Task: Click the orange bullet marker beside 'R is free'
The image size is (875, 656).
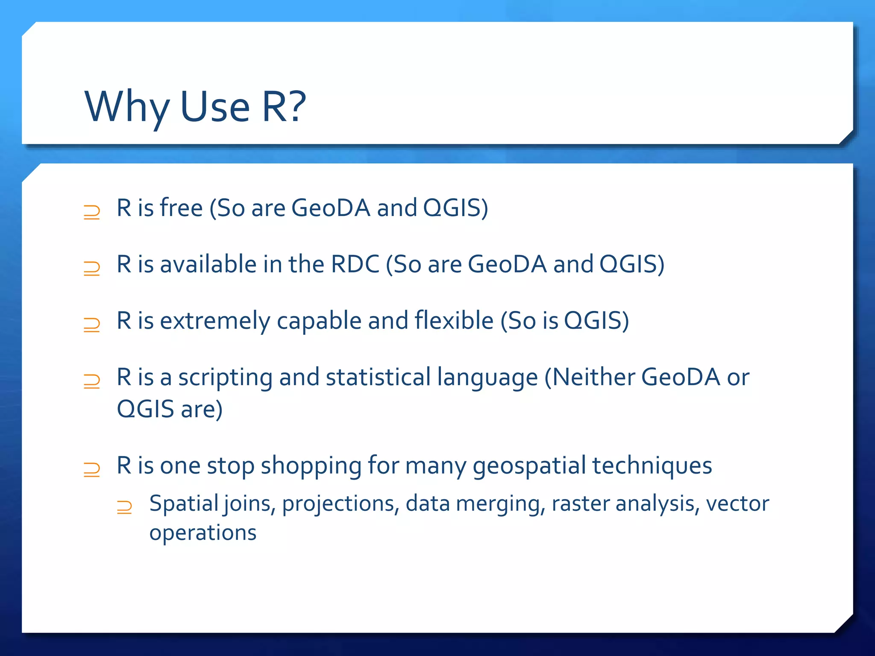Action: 92,212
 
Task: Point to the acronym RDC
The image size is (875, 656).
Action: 355,264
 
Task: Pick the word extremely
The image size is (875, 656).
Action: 215,321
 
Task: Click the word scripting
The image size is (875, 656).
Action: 225,378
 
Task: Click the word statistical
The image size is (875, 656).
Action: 378,377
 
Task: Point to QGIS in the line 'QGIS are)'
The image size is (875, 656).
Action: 145,409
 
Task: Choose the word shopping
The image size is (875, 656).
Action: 311,466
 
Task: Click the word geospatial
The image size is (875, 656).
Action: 529,466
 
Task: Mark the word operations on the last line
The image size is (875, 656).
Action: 203,533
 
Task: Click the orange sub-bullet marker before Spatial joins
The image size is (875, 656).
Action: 124,507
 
